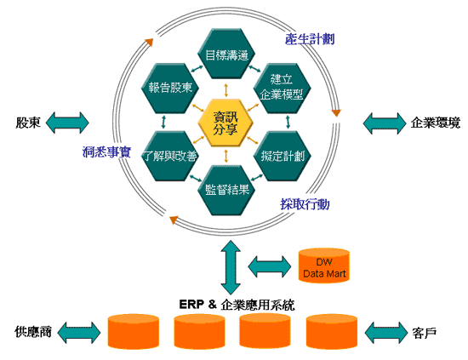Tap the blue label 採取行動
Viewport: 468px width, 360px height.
pyautogui.click(x=305, y=204)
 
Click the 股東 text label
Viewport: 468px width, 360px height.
pyautogui.click(x=27, y=123)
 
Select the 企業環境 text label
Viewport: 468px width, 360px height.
pyautogui.click(x=435, y=123)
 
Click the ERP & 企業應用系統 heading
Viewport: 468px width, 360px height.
pyautogui.click(x=237, y=305)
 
